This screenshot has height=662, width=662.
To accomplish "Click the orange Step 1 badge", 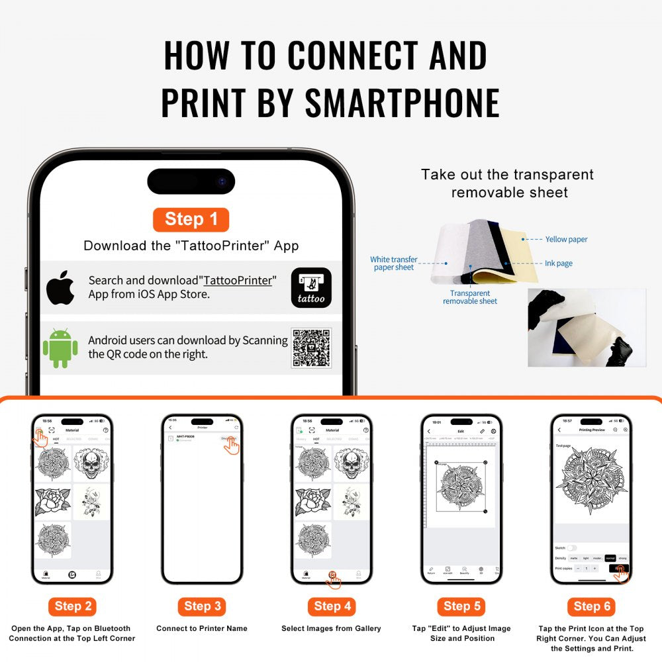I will tap(191, 220).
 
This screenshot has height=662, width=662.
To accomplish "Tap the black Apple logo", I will tap(60, 287).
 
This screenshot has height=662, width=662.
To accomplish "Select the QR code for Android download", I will tap(311, 348).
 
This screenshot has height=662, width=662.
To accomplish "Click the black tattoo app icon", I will tap(311, 288).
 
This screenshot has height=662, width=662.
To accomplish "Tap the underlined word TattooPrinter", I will tap(238, 281).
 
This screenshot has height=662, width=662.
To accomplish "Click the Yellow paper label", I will tap(566, 240).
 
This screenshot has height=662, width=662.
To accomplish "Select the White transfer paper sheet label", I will tap(394, 263).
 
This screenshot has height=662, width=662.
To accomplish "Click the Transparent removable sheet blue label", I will tap(470, 297).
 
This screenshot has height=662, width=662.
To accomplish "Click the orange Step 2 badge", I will tap(73, 606).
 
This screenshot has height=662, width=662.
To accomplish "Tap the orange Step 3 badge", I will tap(203, 606).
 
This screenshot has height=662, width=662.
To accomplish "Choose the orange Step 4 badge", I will tap(332, 606).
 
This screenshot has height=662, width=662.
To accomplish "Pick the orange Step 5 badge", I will tap(461, 606).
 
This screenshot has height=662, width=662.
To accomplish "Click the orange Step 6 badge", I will tap(591, 606).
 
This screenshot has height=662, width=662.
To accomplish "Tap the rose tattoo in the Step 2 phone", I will tap(52, 502).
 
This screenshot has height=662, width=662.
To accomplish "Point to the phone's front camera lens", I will tap(222, 181).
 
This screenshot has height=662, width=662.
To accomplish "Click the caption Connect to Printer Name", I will tap(202, 629).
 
